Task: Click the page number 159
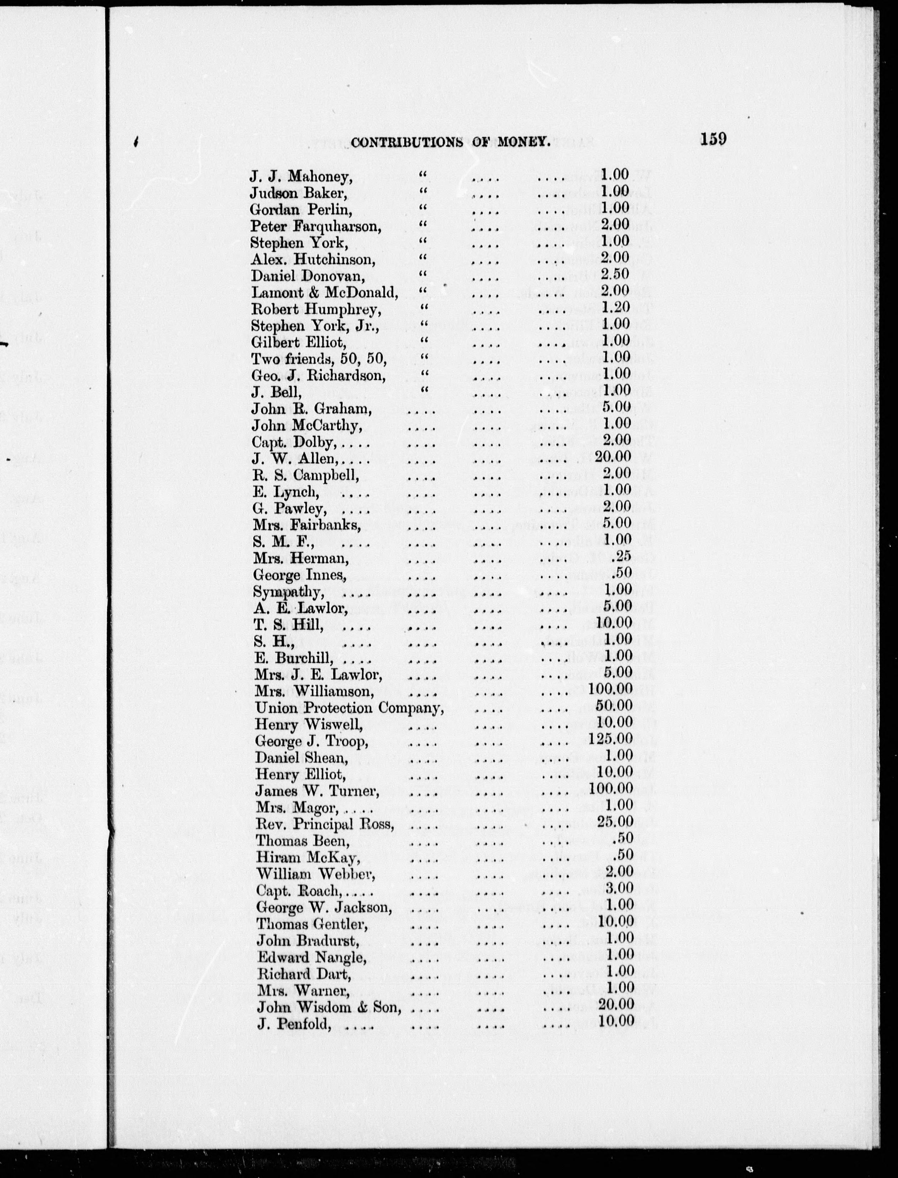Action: [713, 139]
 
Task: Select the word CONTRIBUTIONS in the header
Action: [407, 142]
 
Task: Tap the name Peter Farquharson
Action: [315, 227]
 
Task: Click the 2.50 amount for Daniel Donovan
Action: [615, 274]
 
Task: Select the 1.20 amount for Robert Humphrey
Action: [615, 308]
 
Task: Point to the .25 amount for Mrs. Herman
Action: [623, 556]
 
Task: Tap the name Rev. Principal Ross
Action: [325, 824]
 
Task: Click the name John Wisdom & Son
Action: [329, 1007]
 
